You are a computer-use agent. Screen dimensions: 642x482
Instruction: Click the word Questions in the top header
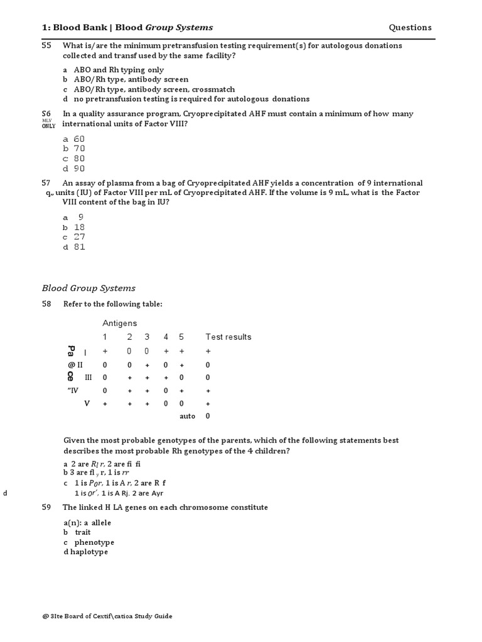[410, 28]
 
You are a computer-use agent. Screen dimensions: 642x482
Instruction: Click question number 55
[46, 46]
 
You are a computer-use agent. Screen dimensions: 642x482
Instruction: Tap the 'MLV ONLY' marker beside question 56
[48, 123]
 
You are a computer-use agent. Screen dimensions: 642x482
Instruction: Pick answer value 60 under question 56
[78, 139]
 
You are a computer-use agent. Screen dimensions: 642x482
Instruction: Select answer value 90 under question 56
[78, 168]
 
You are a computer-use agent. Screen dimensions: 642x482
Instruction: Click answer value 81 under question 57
[78, 247]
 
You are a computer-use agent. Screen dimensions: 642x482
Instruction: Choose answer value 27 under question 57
[78, 237]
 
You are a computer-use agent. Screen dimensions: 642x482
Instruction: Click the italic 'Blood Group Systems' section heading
[88, 288]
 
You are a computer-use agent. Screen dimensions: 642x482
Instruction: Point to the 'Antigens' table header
[119, 323]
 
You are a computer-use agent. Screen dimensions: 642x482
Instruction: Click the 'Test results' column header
[228, 337]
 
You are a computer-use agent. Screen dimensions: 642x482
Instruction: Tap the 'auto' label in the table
[187, 416]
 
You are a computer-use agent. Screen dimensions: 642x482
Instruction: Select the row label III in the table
[88, 377]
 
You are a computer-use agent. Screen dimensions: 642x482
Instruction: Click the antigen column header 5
[181, 337]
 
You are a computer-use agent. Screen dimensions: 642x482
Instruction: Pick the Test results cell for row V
[208, 404]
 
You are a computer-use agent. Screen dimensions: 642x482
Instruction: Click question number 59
[46, 507]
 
